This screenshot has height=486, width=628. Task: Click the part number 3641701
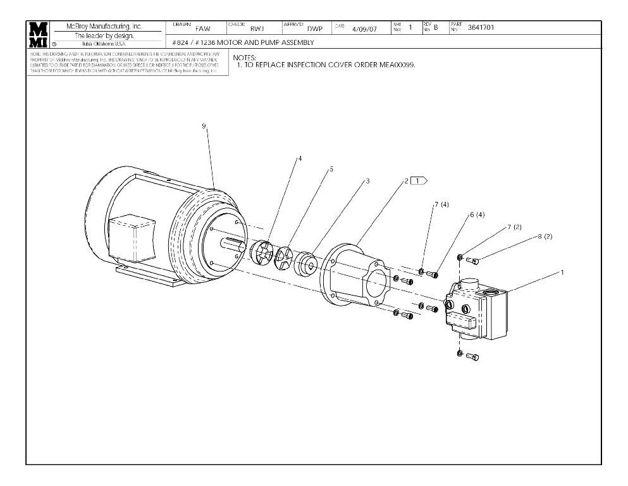pos(481,27)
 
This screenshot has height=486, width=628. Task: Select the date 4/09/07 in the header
pos(364,28)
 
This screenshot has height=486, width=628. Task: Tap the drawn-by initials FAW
pos(202,28)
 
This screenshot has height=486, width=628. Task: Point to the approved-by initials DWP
pos(314,28)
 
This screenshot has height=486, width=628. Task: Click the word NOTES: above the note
pos(245,58)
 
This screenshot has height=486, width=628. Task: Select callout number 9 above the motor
pos(204,126)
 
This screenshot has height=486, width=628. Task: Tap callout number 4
pos(299,158)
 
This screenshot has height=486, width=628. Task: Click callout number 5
pos(331,170)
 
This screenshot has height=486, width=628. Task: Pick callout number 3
pos(367,181)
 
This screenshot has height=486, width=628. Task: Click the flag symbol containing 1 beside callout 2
pos(419,181)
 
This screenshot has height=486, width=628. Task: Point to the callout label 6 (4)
pos(477,215)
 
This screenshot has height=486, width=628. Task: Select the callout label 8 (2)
pos(545,236)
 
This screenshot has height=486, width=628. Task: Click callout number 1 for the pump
pos(562,272)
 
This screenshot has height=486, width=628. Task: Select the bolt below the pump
pos(472,356)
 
